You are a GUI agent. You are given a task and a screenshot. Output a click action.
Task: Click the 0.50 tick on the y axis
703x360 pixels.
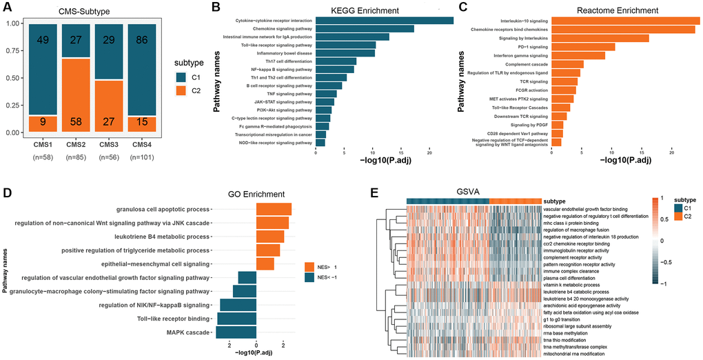[x=12, y=77]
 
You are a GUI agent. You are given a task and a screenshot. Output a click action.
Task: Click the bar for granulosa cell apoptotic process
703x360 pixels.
[x=274, y=209]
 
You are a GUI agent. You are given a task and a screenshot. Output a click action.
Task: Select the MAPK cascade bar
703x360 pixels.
[x=236, y=332]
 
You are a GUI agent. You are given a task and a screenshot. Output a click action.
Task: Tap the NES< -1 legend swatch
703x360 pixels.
[x=309, y=277]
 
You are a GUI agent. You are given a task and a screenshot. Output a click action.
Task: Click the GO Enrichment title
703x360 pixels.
[x=256, y=194]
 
